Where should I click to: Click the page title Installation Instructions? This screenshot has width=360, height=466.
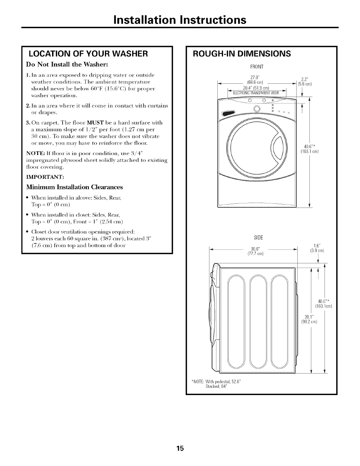[180, 19]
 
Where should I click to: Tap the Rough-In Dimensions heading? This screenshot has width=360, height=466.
[242, 54]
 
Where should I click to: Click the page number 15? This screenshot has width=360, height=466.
[180, 449]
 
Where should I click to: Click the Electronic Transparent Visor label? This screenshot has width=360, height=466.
[255, 93]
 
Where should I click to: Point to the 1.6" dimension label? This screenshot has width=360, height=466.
[317, 245]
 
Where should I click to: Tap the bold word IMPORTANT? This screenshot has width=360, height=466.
[45, 177]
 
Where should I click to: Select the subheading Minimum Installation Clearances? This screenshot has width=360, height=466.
[74, 187]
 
